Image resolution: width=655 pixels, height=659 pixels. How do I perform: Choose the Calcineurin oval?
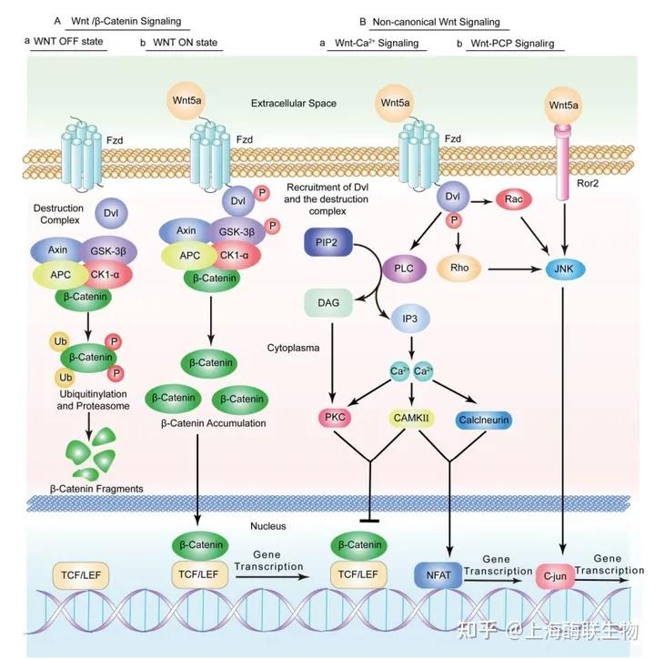(484, 420)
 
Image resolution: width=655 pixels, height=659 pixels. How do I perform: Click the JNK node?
(564, 269)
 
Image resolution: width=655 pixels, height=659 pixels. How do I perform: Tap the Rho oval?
(458, 269)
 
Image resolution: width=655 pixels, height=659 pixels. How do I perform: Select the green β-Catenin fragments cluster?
(94, 457)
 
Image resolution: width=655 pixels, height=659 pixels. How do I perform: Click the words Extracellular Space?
(293, 104)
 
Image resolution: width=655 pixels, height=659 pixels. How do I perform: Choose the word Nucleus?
(268, 526)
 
